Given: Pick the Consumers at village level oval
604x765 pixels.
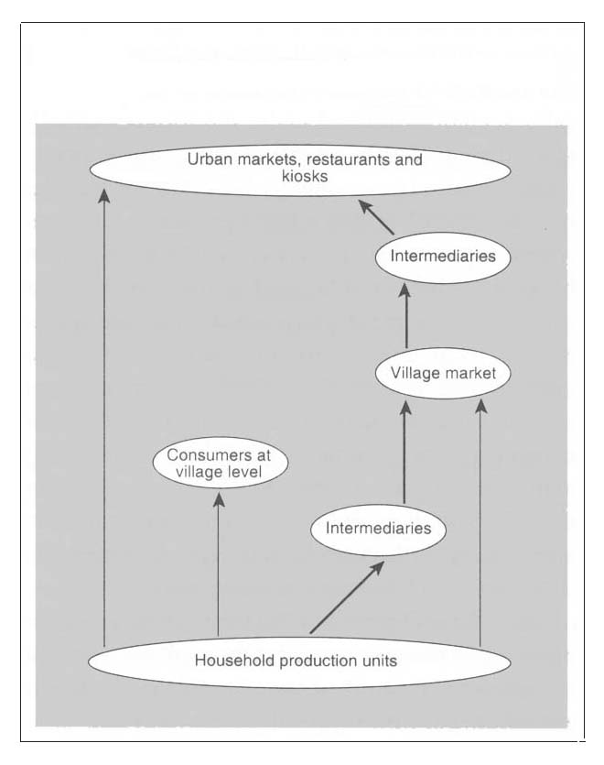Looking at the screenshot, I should click(219, 464).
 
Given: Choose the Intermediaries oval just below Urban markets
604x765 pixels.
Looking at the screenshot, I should click(443, 256).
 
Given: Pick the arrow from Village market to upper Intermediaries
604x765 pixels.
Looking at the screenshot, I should click(405, 316).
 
